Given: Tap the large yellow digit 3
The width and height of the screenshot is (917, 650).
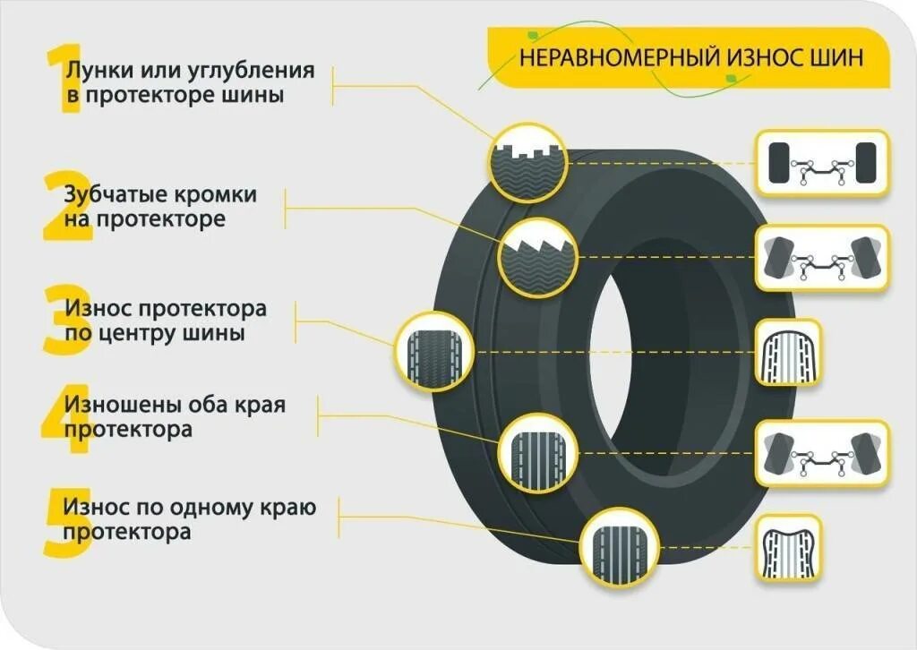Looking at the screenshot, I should click(x=61, y=321).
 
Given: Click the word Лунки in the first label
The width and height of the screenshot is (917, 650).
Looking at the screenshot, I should click(x=93, y=70).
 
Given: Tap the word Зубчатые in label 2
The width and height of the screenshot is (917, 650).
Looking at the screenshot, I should click(x=112, y=193).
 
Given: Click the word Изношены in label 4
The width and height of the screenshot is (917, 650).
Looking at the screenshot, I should click(x=119, y=404).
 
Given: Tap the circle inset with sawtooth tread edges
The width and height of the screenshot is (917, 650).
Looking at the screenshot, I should click(x=536, y=257).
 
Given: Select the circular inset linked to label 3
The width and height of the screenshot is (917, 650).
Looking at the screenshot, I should click(x=433, y=351).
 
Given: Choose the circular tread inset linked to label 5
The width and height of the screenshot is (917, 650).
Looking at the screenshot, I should click(x=619, y=543).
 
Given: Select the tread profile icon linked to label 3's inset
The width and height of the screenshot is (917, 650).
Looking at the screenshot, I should click(x=788, y=353).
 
